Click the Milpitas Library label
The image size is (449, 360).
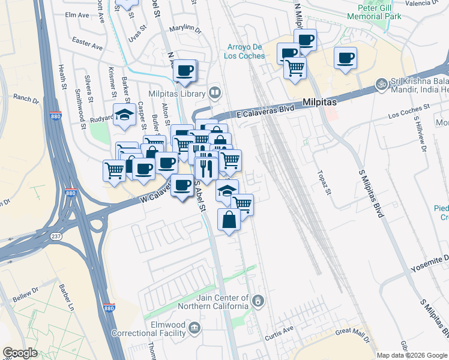click(177, 95)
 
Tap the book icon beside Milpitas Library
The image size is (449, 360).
click(214, 92)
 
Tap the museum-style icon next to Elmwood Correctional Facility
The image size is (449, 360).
click(194, 328)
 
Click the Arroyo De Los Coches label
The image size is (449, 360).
click(246, 52)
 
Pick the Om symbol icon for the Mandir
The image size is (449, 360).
click(379, 83)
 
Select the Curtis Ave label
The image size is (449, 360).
click(280, 329)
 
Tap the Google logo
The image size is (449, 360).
click(20, 353)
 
